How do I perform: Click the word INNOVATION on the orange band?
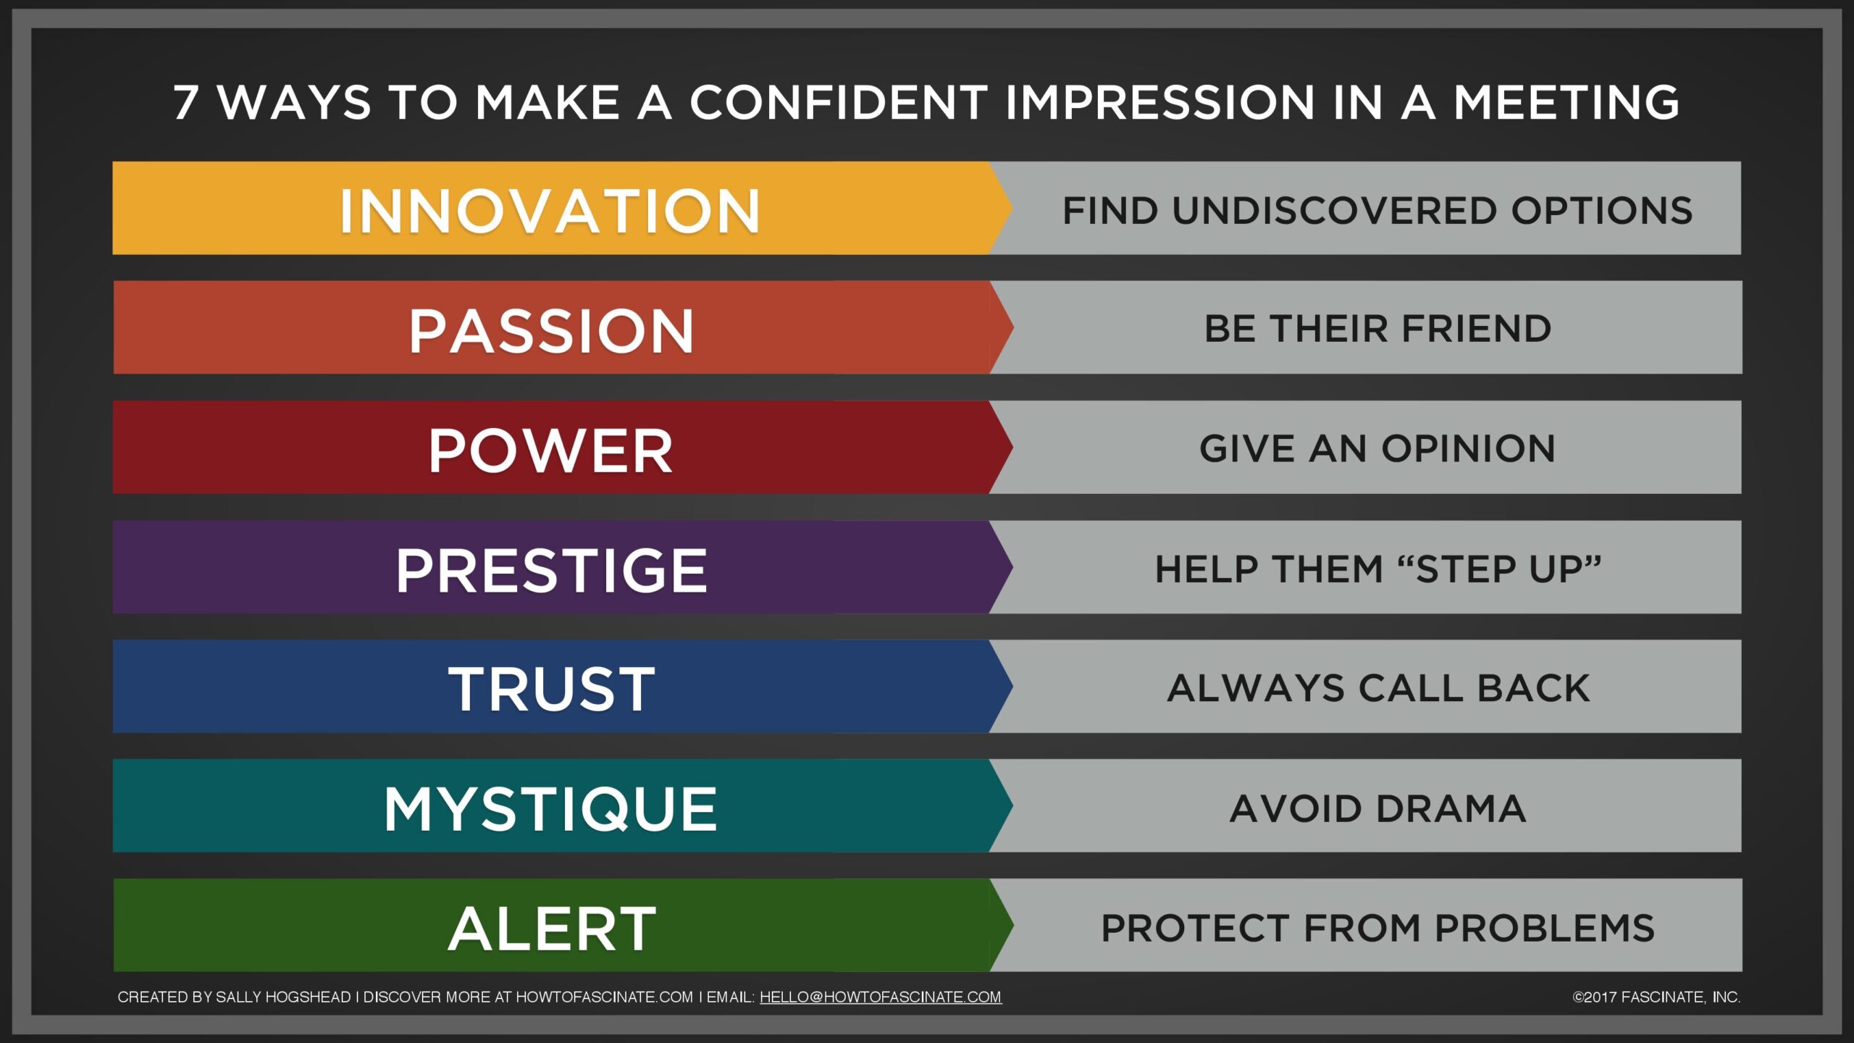[550, 211]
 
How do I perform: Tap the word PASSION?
[551, 330]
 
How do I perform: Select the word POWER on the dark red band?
[550, 451]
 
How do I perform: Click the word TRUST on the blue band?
[552, 689]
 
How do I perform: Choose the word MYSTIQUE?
[550, 809]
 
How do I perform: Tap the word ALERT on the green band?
[552, 929]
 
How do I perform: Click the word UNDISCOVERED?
[1334, 211]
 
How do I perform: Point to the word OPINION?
[1469, 448]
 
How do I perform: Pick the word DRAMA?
[1451, 808]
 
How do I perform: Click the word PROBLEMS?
[1545, 928]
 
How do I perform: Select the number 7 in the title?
[185, 102]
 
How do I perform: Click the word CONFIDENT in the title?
[839, 102]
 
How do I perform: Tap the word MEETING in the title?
[1566, 102]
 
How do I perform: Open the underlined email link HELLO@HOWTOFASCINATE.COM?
[881, 997]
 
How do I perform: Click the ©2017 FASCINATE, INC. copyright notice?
[1656, 997]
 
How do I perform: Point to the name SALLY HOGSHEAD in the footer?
[283, 997]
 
